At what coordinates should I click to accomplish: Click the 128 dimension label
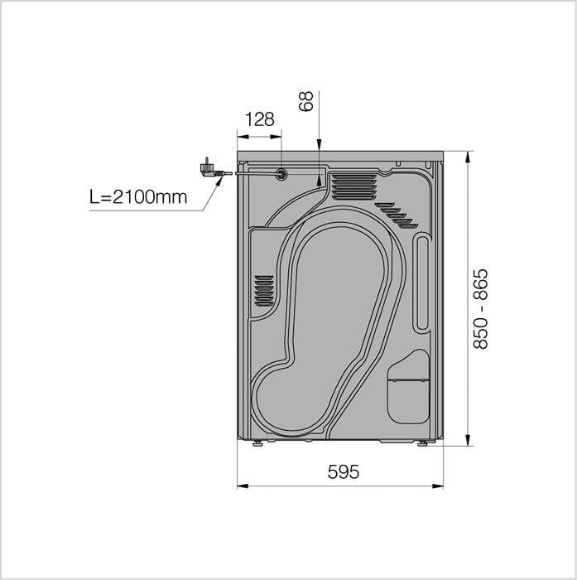point(259,119)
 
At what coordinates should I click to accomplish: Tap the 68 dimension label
point(306,101)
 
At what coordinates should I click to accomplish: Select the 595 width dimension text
point(343,471)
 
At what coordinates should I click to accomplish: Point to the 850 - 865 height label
point(481,309)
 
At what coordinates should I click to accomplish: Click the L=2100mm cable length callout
point(138,197)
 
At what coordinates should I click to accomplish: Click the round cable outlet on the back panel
point(281,174)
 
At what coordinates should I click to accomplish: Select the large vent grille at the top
point(353,187)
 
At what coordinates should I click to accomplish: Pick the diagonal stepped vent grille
point(397,215)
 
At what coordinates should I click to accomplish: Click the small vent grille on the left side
point(264,291)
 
